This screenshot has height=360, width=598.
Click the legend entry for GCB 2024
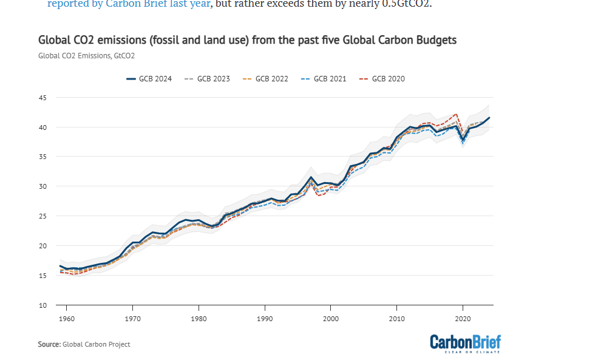click(x=148, y=79)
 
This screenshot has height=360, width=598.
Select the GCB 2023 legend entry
click(x=207, y=79)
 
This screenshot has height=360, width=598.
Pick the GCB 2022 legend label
click(x=265, y=79)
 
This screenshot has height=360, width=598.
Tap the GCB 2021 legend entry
click(x=324, y=79)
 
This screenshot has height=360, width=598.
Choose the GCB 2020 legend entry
click(x=382, y=79)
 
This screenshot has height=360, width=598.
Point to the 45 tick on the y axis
click(x=42, y=98)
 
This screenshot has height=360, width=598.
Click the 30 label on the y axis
click(x=42, y=186)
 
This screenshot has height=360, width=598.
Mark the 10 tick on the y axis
click(x=42, y=305)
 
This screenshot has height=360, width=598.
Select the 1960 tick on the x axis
click(x=66, y=318)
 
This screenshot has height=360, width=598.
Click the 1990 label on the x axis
click(x=265, y=318)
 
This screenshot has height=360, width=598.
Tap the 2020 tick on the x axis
click(x=463, y=318)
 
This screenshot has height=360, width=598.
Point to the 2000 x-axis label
click(x=330, y=318)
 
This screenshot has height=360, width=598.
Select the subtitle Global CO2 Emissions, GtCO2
click(x=86, y=56)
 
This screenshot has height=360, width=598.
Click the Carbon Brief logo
click(x=466, y=343)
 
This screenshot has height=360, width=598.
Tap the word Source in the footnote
click(x=49, y=344)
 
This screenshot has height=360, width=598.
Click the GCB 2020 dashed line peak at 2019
click(x=456, y=114)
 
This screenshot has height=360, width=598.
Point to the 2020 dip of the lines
click(x=463, y=140)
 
